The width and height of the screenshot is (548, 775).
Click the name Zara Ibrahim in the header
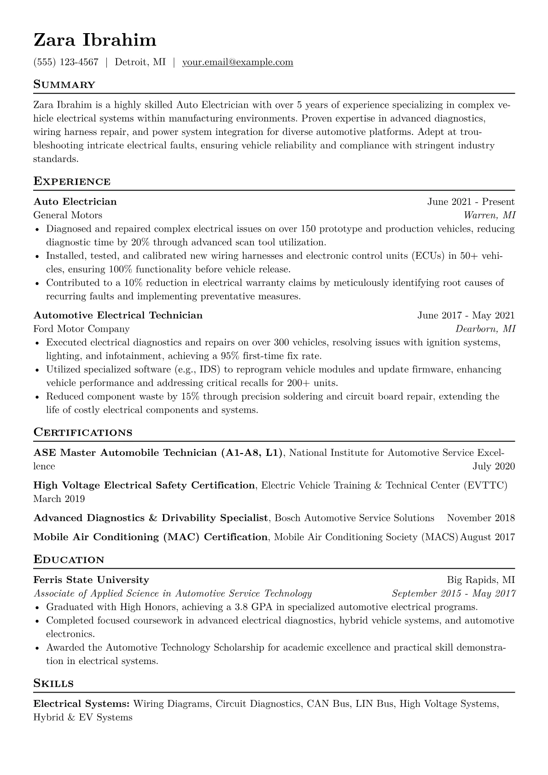[95, 40]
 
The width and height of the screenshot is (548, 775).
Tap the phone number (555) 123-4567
[66, 62]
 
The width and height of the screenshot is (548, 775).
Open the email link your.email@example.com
[238, 62]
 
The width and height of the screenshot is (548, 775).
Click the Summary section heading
[64, 85]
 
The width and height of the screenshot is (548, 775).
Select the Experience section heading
[72, 181]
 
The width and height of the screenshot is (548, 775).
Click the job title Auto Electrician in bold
[75, 202]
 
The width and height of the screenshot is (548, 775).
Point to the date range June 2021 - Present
[471, 202]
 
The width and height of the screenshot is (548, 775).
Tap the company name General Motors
[68, 215]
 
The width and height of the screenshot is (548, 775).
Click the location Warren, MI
[489, 215]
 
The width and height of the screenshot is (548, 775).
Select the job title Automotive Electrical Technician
[118, 315]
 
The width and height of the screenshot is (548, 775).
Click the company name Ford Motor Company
[82, 329]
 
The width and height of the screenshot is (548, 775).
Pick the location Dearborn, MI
[485, 329]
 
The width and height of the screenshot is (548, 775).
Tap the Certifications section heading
[83, 433]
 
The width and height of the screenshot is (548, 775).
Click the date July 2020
[494, 466]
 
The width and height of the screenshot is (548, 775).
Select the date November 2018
[481, 518]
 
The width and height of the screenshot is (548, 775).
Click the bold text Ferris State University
[91, 580]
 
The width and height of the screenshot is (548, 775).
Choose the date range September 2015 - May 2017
[453, 594]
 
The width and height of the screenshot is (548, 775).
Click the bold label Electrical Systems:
[82, 704]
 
